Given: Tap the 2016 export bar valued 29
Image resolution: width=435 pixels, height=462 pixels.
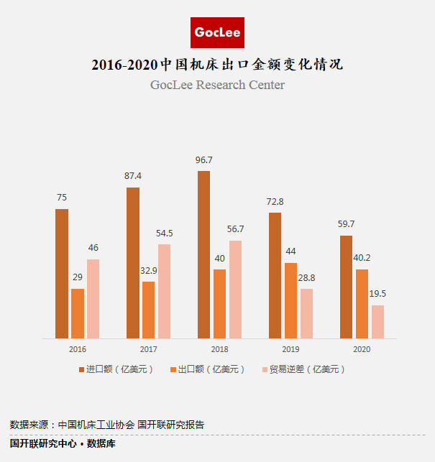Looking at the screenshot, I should [x=77, y=313].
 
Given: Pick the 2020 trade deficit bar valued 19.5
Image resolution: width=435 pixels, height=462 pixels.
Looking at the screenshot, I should [x=377, y=321].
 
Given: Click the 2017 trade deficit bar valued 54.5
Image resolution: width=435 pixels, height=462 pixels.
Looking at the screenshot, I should [x=164, y=291].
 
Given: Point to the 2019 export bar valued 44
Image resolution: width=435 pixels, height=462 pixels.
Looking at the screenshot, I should [x=290, y=300].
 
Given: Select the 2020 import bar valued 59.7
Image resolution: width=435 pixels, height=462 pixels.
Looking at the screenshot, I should [x=346, y=287].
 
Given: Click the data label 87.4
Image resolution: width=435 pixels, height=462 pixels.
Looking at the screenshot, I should [x=133, y=175].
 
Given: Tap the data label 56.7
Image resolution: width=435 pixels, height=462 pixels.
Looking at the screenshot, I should [x=235, y=228].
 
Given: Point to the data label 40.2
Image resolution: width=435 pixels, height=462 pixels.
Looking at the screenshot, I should [x=362, y=257].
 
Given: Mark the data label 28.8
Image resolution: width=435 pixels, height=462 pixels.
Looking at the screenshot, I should [x=306, y=277].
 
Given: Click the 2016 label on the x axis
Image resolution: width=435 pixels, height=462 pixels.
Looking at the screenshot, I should [x=78, y=349].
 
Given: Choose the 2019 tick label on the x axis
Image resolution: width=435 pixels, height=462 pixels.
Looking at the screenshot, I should [x=290, y=349].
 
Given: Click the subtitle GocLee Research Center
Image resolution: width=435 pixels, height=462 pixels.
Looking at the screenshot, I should [x=217, y=86].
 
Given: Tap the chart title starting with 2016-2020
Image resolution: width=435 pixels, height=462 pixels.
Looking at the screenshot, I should [x=217, y=65].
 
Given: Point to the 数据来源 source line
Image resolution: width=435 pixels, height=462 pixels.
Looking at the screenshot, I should [x=107, y=425].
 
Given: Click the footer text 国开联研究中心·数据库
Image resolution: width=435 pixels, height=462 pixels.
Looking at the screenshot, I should [x=63, y=444].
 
